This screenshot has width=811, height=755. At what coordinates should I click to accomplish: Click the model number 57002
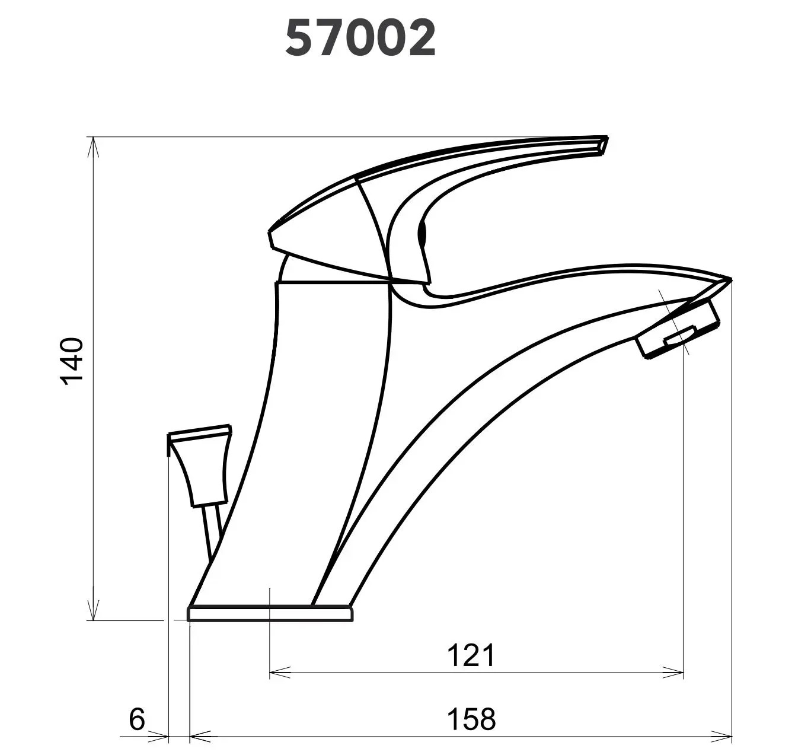pos(360,39)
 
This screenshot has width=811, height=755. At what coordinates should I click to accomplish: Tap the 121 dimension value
pos(471,655)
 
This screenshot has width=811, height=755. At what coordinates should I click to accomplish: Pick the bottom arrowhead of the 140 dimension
pos(94,610)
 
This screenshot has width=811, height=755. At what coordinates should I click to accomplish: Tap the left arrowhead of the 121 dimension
pos(280,672)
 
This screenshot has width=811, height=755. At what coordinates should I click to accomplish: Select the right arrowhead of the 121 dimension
pos(672,672)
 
